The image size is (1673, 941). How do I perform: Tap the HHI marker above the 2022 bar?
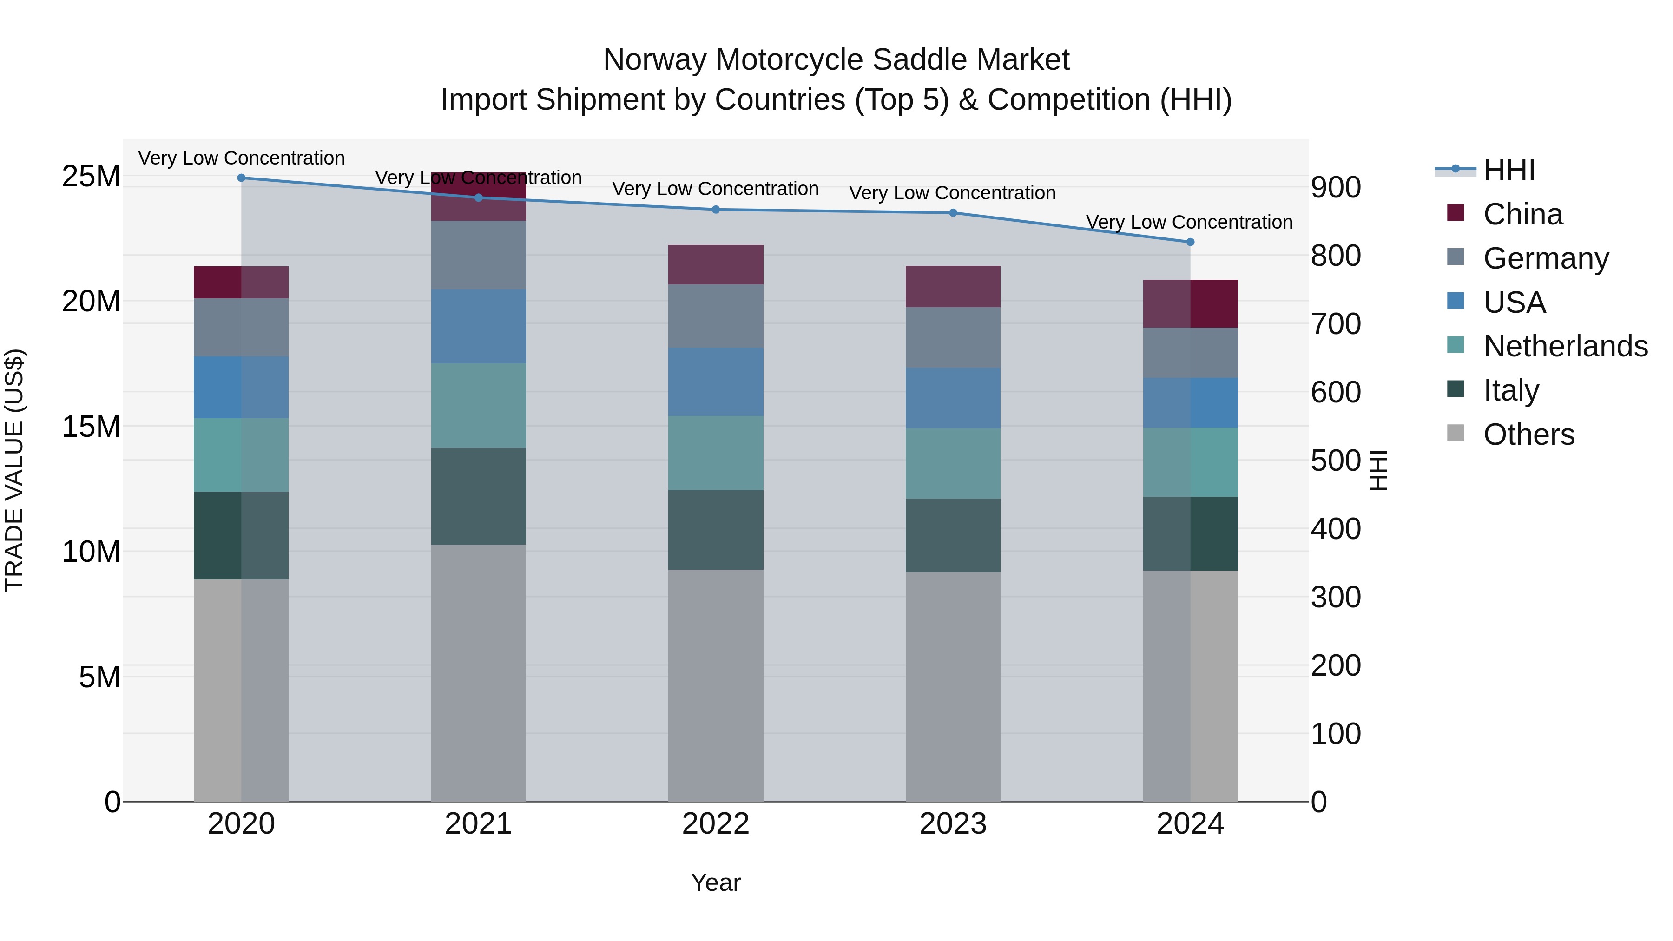point(716,209)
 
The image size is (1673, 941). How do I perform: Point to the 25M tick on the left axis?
point(91,177)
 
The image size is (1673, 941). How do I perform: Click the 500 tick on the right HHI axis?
point(1335,461)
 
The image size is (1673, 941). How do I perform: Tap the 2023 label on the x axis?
point(953,824)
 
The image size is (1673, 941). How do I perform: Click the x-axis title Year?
point(715,882)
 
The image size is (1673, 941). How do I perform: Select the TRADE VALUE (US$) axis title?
point(14,470)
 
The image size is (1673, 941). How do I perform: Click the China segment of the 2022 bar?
point(716,264)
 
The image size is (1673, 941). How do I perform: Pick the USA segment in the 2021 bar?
point(478,326)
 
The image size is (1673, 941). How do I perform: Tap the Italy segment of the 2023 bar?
point(953,535)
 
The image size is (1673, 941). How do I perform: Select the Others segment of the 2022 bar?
point(716,685)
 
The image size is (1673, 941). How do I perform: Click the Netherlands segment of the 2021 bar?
point(478,405)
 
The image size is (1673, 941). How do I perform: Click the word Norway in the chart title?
point(655,60)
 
